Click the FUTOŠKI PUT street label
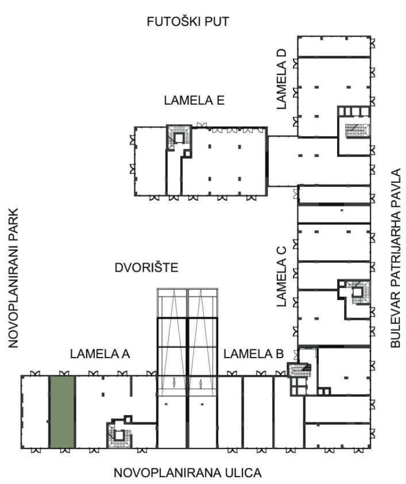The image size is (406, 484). click(188, 22)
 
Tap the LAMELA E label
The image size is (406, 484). click(194, 101)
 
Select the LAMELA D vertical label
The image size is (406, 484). click(282, 79)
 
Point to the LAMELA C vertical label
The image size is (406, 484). click(282, 276)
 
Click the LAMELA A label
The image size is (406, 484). click(99, 354)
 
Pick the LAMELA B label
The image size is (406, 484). click(253, 354)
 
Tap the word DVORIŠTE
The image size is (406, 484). click(146, 267)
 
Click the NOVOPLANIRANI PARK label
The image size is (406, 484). click(13, 279)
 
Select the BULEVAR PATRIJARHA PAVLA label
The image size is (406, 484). click(395, 258)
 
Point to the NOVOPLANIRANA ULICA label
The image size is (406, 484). click(188, 473)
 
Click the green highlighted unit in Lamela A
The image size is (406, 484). click(62, 412)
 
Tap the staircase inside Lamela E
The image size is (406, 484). click(179, 138)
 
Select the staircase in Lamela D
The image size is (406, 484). click(357, 131)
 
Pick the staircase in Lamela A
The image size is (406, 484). click(119, 435)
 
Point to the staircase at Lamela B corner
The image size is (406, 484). click(300, 369)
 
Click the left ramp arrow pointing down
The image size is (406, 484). click(174, 383)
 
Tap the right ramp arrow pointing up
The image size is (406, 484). click(201, 383)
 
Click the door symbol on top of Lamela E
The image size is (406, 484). click(201, 124)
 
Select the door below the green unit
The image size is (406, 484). click(65, 451)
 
